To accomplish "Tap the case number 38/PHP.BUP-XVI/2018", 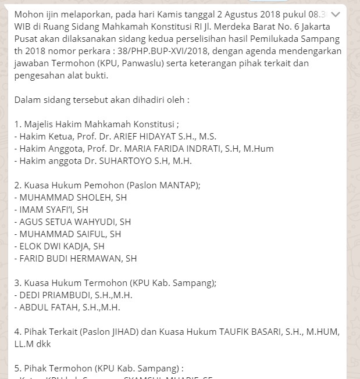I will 181,51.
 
